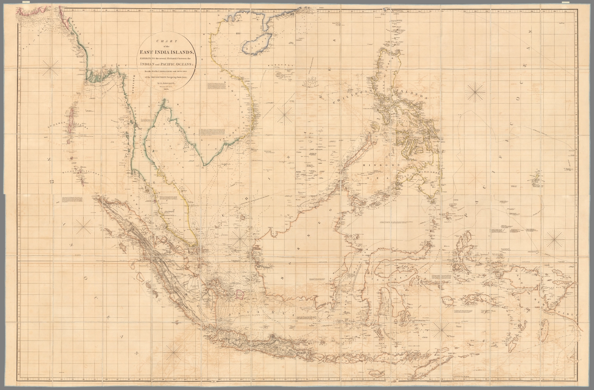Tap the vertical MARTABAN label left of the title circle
pos(131,84)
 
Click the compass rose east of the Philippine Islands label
pos(475,93)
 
